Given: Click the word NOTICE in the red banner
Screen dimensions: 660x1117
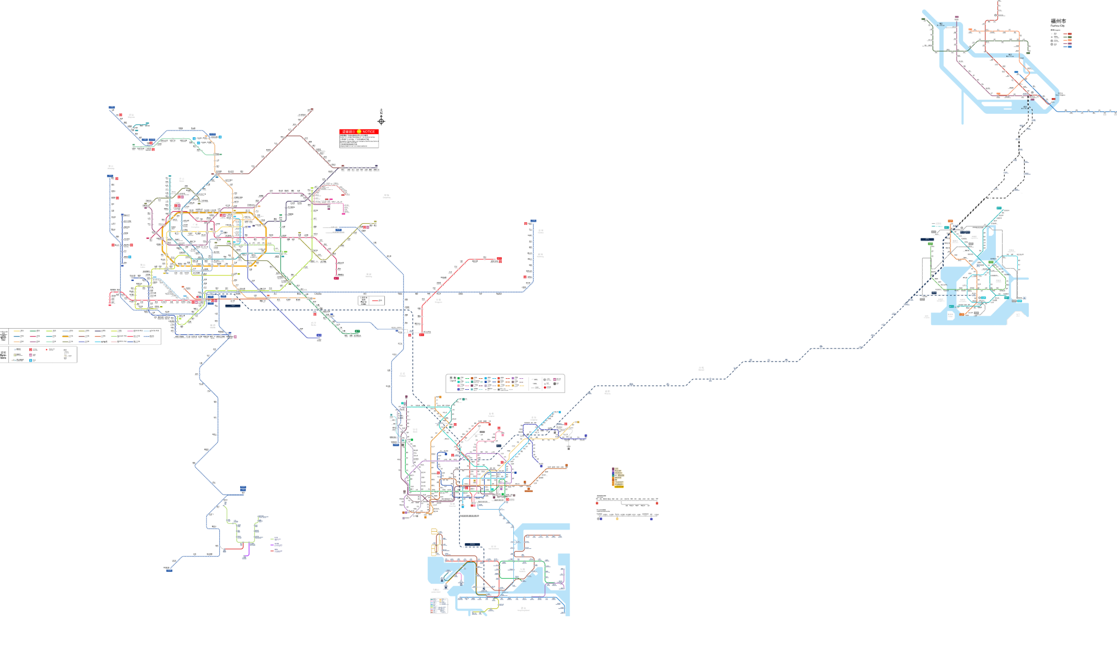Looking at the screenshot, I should [369, 131].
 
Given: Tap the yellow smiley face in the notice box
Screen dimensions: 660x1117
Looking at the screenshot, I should [359, 131].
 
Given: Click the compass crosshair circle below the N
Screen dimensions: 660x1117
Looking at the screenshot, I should [381, 122].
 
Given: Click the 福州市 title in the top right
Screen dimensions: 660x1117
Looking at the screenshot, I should [1059, 21].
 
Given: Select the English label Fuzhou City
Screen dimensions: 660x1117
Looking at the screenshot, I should [1057, 26].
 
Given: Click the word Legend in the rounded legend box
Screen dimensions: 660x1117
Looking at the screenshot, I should [453, 381].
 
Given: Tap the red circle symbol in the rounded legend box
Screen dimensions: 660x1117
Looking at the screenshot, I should [545, 387].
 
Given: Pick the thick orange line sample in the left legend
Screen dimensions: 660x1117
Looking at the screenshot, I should [67, 336].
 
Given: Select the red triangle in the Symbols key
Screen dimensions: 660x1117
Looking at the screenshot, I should [47, 350].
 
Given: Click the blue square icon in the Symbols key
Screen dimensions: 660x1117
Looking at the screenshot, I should [31, 360].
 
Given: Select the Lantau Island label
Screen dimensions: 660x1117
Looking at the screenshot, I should [436, 591].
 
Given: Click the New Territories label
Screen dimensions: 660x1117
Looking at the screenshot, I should [493, 548].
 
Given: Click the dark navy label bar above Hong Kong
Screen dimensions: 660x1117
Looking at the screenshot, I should [472, 544].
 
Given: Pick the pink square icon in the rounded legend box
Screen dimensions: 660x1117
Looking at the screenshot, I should [555, 379].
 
